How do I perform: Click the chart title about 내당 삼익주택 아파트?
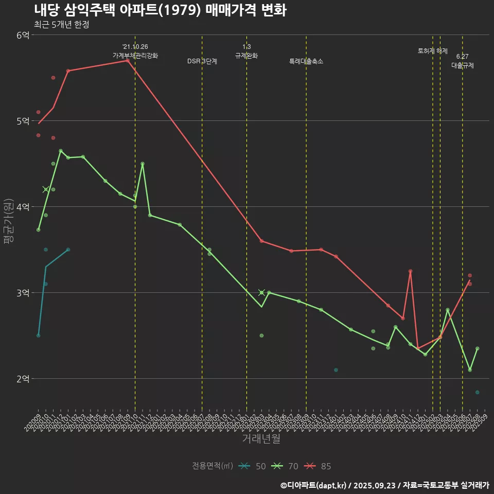160,10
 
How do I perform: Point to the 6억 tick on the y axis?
23,35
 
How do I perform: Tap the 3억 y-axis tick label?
23,293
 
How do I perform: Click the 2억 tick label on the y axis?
23,379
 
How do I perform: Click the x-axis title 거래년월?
261,439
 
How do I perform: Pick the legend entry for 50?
253,466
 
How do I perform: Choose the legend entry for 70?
286,466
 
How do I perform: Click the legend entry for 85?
318,466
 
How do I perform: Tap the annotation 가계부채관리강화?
135,56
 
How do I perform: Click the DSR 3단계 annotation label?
202,61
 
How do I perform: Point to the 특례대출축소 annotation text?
306,61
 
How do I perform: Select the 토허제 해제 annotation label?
433,51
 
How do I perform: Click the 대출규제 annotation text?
463,65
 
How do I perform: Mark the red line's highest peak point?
128,61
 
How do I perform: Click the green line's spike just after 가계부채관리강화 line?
143,164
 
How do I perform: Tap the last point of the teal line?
68,250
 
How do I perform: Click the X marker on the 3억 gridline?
261,292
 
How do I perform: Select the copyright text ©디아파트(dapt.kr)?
313,485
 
